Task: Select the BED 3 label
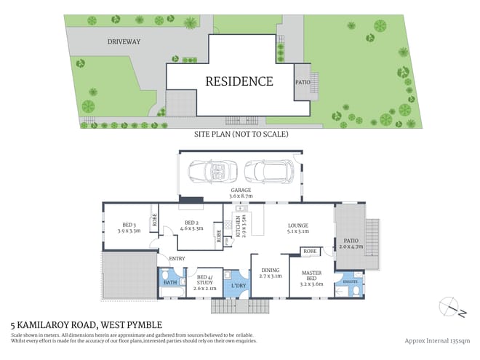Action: pos(125,225)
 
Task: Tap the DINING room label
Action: pos(270,271)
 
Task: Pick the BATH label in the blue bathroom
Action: pos(169,281)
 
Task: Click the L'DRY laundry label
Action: pos(238,284)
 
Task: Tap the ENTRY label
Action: pos(176,258)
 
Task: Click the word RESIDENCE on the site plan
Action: pos(239,81)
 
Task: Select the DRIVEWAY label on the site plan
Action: pos(124,41)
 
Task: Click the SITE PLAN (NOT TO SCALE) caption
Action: pos(241,135)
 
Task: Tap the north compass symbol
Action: pos(451,308)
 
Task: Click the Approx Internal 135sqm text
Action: pos(436,339)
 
